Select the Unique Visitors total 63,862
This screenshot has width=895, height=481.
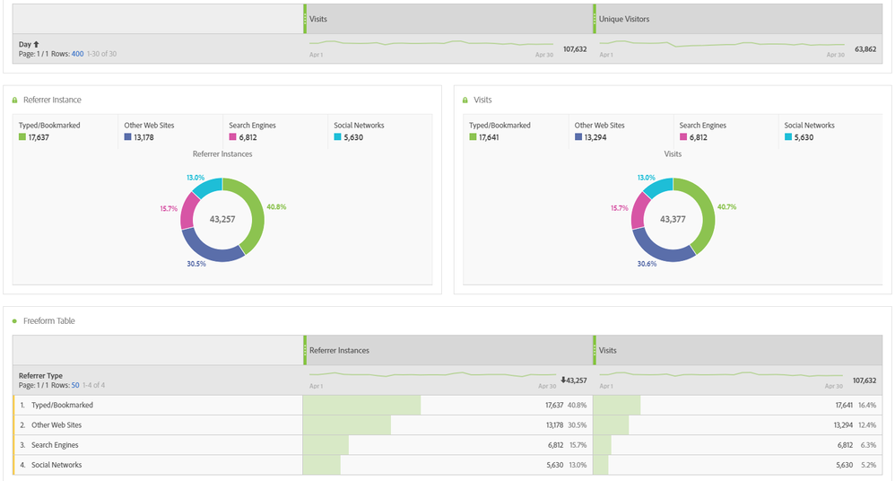pos(863,48)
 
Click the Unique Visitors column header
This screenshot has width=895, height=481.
pos(624,19)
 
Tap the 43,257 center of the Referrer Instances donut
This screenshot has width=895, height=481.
pos(222,219)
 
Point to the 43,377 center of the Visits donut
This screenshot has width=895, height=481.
pos(673,219)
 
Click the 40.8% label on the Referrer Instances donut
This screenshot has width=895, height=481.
pos(275,206)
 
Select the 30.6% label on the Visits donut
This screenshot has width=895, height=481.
pos(646,264)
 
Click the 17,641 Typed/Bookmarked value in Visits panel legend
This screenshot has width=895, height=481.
pos(489,137)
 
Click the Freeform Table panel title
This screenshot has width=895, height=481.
pos(55,320)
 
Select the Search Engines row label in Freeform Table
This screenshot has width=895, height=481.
pos(56,445)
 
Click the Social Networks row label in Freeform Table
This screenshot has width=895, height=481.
pos(57,465)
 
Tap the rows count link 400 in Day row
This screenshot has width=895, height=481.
pos(77,54)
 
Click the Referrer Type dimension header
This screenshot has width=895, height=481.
pos(41,376)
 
